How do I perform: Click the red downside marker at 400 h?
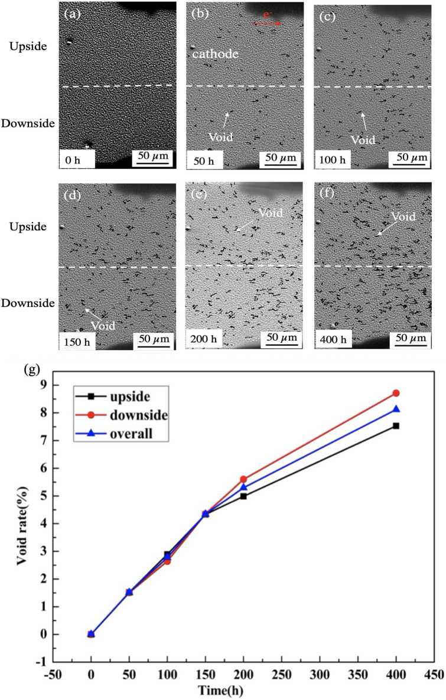pos(396,410)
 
